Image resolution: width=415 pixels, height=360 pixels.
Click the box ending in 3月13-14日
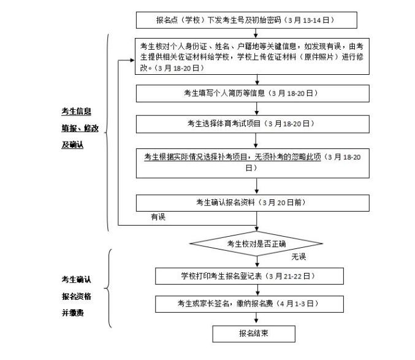246,20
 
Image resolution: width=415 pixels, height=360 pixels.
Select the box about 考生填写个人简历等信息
253,93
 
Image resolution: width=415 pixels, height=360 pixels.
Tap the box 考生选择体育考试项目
253,124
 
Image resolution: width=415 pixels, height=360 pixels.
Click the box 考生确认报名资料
253,203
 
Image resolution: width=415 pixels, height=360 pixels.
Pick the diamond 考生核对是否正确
256,243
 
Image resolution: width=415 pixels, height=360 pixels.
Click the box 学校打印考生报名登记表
249,276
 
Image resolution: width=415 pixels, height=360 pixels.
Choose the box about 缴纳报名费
249,304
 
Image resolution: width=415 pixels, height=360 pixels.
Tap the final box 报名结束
254,334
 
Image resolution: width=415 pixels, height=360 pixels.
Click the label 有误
158,217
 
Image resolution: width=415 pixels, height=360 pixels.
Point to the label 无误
299,256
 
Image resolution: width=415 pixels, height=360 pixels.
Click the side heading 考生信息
76,112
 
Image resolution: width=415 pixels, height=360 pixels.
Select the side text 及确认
72,145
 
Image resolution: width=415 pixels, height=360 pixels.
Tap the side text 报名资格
76,296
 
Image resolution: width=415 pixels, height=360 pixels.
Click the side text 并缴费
72,313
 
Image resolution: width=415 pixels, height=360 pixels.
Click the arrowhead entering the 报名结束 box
256,321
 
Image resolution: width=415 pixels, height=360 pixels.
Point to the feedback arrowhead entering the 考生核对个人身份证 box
132,60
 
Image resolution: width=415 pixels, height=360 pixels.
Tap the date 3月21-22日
289,277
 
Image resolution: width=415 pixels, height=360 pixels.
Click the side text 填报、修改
80,128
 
